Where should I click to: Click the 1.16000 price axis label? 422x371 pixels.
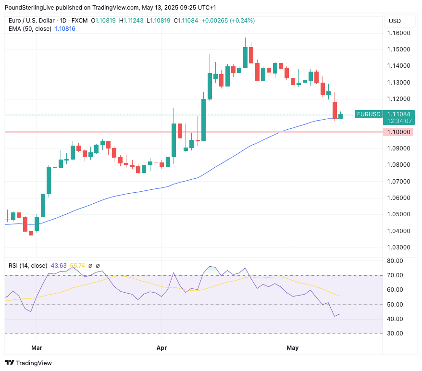(398, 33)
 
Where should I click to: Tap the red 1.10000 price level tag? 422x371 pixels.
(398, 132)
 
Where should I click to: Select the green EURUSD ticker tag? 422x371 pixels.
(369, 114)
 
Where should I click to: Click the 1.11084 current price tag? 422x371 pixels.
(398, 114)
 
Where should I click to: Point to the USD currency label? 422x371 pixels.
(395, 21)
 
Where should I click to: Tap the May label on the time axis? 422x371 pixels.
(292, 347)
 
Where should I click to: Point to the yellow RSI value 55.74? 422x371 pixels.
(77, 265)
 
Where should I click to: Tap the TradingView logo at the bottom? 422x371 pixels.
(28, 363)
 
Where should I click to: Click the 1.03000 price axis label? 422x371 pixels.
(398, 247)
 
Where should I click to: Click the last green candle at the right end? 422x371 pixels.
(340, 116)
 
